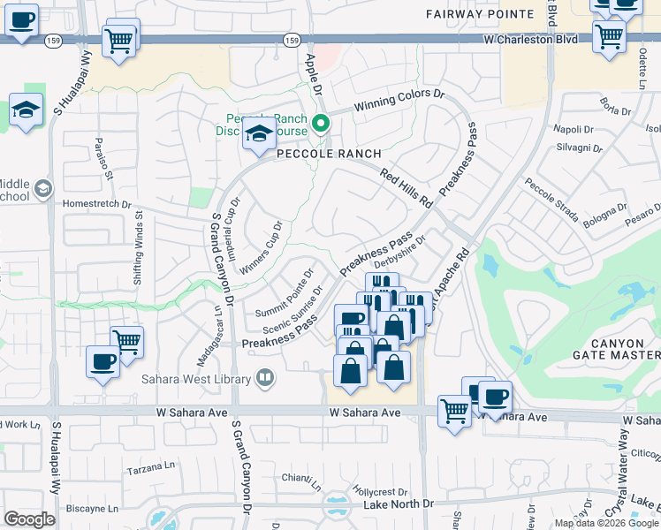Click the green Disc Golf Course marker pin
(322, 124)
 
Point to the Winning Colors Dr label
(399, 100)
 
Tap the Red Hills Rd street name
(406, 188)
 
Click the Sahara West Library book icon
(263, 379)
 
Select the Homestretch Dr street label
(96, 203)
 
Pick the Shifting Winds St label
(139, 253)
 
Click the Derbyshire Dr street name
(400, 247)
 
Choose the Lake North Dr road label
(399, 504)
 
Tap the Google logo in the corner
(29, 519)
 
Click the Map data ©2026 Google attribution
(606, 523)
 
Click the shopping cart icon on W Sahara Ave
(454, 411)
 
